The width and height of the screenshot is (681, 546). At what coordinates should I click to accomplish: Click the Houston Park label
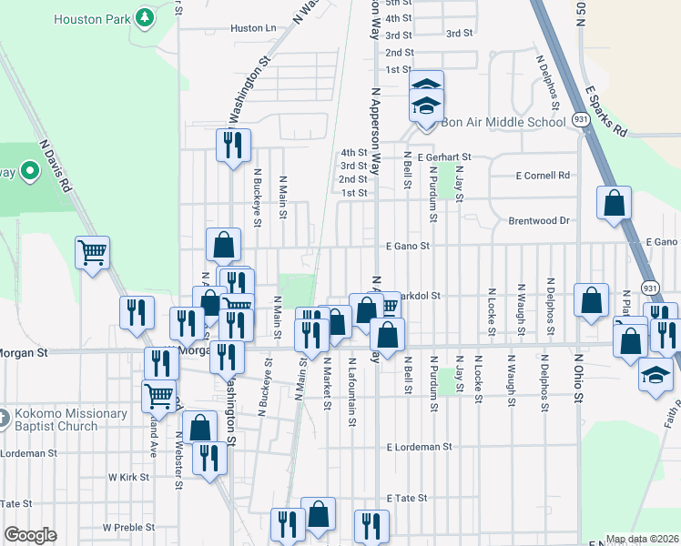pyautogui.click(x=90, y=18)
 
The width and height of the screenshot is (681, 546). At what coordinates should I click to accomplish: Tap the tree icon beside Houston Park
pyautogui.click(x=144, y=17)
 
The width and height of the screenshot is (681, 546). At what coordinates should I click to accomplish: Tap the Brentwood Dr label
pyautogui.click(x=538, y=220)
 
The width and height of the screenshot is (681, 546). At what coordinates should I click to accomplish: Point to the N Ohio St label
pyautogui.click(x=577, y=375)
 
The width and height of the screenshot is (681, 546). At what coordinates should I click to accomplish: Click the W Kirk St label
pyautogui.click(x=127, y=477)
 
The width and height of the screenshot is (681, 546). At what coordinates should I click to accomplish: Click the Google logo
pyautogui.click(x=30, y=535)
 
